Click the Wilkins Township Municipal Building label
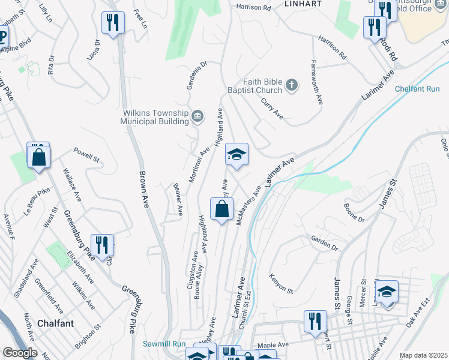tap(155, 116)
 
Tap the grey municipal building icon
tap(197, 116)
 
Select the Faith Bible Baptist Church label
tap(262, 86)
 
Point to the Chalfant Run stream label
tap(417, 89)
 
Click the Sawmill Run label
tap(164, 344)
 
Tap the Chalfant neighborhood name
tap(55, 323)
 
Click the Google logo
tap(20, 353)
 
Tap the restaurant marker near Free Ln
tap(113, 23)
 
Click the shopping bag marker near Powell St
tap(39, 157)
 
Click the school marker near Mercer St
tap(387, 292)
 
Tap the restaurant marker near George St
tap(314, 322)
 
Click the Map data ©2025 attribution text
tap(423, 355)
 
